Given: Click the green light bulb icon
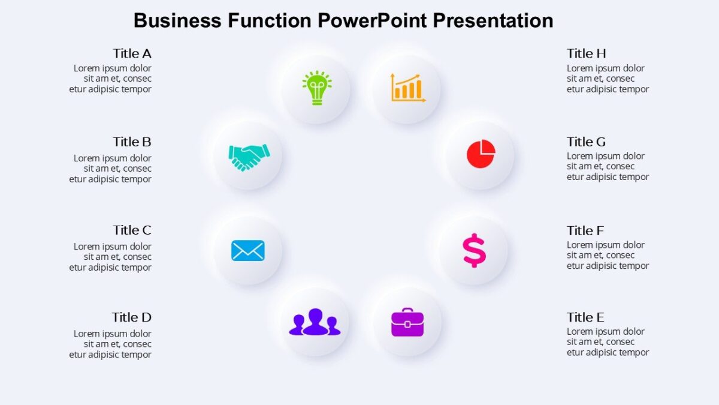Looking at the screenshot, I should point(316,88).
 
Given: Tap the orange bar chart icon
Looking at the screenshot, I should point(407,88).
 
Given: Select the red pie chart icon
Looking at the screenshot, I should point(481,154).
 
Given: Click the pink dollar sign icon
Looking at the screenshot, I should point(474,250).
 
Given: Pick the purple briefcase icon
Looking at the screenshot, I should point(407,322).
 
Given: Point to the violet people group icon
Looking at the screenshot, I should point(315,322).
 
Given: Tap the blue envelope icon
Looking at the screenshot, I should point(248,250).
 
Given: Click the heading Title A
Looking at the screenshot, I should point(132,53).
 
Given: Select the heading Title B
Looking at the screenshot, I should point(132,142).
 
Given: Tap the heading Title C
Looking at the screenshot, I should point(132,230).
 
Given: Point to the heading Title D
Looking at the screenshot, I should point(131,317).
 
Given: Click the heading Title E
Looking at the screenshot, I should point(585,317).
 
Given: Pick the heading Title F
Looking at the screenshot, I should point(585,231).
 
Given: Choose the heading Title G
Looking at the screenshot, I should point(586,142).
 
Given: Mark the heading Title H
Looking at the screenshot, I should point(586,53).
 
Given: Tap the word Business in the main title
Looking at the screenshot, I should point(177,20).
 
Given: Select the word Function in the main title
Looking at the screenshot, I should point(269,20).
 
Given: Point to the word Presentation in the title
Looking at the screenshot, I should point(493,20).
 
